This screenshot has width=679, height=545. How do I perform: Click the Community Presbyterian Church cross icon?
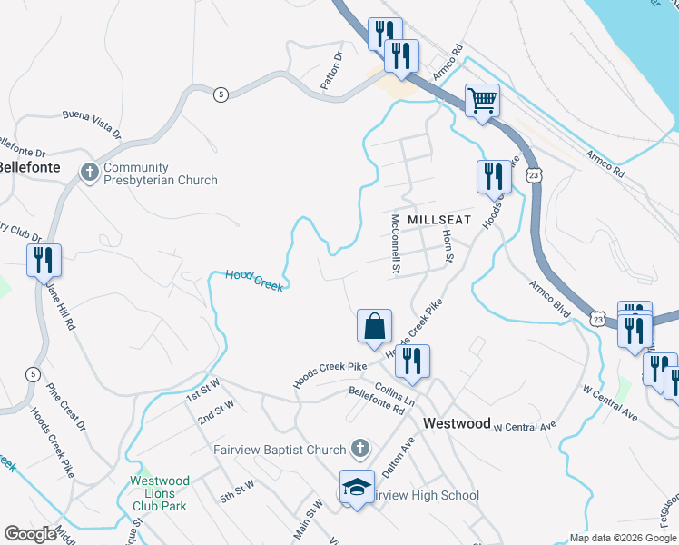coord(90,172)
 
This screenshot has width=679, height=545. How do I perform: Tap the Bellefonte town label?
coord(29,167)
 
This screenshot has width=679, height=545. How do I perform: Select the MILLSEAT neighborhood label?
coord(440,221)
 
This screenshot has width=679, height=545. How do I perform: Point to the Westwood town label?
coord(457,423)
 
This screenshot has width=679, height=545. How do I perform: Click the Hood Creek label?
coord(253,281)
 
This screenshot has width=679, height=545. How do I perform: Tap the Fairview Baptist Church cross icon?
coord(360,449)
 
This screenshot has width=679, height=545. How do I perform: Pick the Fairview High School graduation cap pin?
coord(357,488)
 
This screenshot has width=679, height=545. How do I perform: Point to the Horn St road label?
coord(447,245)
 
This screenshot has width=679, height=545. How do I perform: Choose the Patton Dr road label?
coord(331,70)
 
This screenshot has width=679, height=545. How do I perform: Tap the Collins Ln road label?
coord(394,392)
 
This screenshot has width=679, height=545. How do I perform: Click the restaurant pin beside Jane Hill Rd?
coord(44,261)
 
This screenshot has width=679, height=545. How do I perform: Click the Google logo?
coord(31,534)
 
